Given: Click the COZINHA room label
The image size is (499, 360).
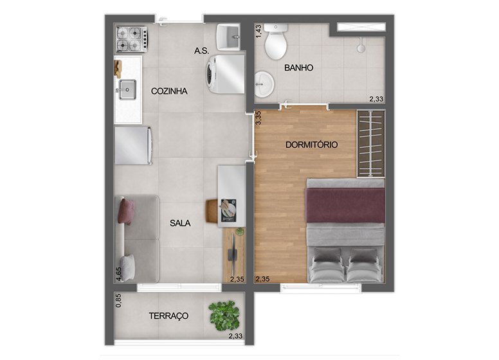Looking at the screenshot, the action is pyautogui.click(x=169, y=91).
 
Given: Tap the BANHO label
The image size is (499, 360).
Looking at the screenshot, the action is pyautogui.click(x=298, y=67).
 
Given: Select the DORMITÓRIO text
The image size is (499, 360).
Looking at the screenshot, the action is pyautogui.click(x=312, y=145).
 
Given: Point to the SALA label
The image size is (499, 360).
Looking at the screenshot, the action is pyautogui.click(x=180, y=223).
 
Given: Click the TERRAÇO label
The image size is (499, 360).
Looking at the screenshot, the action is pyautogui.click(x=168, y=316).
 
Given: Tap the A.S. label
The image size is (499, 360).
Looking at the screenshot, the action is pyautogui.click(x=201, y=51).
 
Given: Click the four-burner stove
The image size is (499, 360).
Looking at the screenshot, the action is pyautogui.click(x=131, y=39).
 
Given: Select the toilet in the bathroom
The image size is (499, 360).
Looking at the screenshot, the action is pyautogui.click(x=276, y=42).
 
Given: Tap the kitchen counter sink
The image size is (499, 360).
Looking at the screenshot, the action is pyautogui.click(x=127, y=90).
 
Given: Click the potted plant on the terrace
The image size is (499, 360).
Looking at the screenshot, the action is pyautogui.click(x=224, y=316).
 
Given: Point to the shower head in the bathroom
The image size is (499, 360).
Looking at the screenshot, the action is pyautogui.click(x=361, y=46).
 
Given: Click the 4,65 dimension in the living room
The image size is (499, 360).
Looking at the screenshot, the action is pyautogui.click(x=119, y=274).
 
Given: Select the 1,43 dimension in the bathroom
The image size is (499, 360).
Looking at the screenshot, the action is pyautogui.click(x=259, y=32).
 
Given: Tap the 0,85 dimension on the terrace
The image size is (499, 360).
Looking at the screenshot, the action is pyautogui.click(x=118, y=300).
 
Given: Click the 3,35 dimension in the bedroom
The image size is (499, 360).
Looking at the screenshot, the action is pyautogui.click(x=259, y=118).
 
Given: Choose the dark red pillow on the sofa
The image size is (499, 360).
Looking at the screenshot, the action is pyautogui.click(x=126, y=212).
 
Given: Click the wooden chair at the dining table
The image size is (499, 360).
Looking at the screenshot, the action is pyautogui.click(x=212, y=211).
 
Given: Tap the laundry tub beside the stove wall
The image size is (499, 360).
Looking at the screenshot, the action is pyautogui.click(x=228, y=37).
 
